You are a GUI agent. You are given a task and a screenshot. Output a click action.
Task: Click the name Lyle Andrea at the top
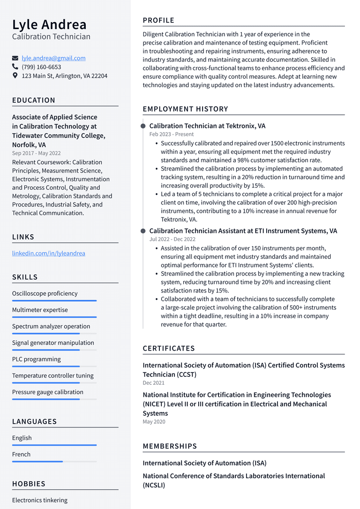(49, 24)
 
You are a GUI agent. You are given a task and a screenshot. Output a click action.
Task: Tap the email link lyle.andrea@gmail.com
(53, 58)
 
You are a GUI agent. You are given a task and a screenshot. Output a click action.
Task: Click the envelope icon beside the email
(15, 59)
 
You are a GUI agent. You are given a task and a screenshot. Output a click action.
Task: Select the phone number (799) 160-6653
(41, 67)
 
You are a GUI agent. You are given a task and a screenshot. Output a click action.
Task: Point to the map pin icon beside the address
(15, 75)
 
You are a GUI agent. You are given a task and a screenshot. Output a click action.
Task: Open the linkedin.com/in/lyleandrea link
(49, 253)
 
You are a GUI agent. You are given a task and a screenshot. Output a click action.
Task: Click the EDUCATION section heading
(34, 100)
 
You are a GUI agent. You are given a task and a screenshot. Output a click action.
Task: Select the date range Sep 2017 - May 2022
(36, 153)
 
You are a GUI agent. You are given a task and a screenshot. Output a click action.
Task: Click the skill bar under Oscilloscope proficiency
(54, 301)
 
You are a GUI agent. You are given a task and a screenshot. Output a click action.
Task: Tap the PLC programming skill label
(37, 359)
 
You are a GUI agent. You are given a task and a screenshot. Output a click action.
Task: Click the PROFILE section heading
(158, 20)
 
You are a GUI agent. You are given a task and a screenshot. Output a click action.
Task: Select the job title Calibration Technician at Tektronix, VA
(207, 126)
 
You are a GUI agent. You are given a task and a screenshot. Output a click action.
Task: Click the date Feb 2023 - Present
(172, 134)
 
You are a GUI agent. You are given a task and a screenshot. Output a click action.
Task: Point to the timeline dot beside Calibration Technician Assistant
(143, 231)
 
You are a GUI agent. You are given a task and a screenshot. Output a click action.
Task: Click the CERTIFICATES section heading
(169, 348)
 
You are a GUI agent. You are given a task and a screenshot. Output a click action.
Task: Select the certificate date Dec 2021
(154, 383)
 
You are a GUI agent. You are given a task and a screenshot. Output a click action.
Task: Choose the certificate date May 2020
(154, 422)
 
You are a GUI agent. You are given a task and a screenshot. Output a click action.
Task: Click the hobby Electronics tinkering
(40, 500)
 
